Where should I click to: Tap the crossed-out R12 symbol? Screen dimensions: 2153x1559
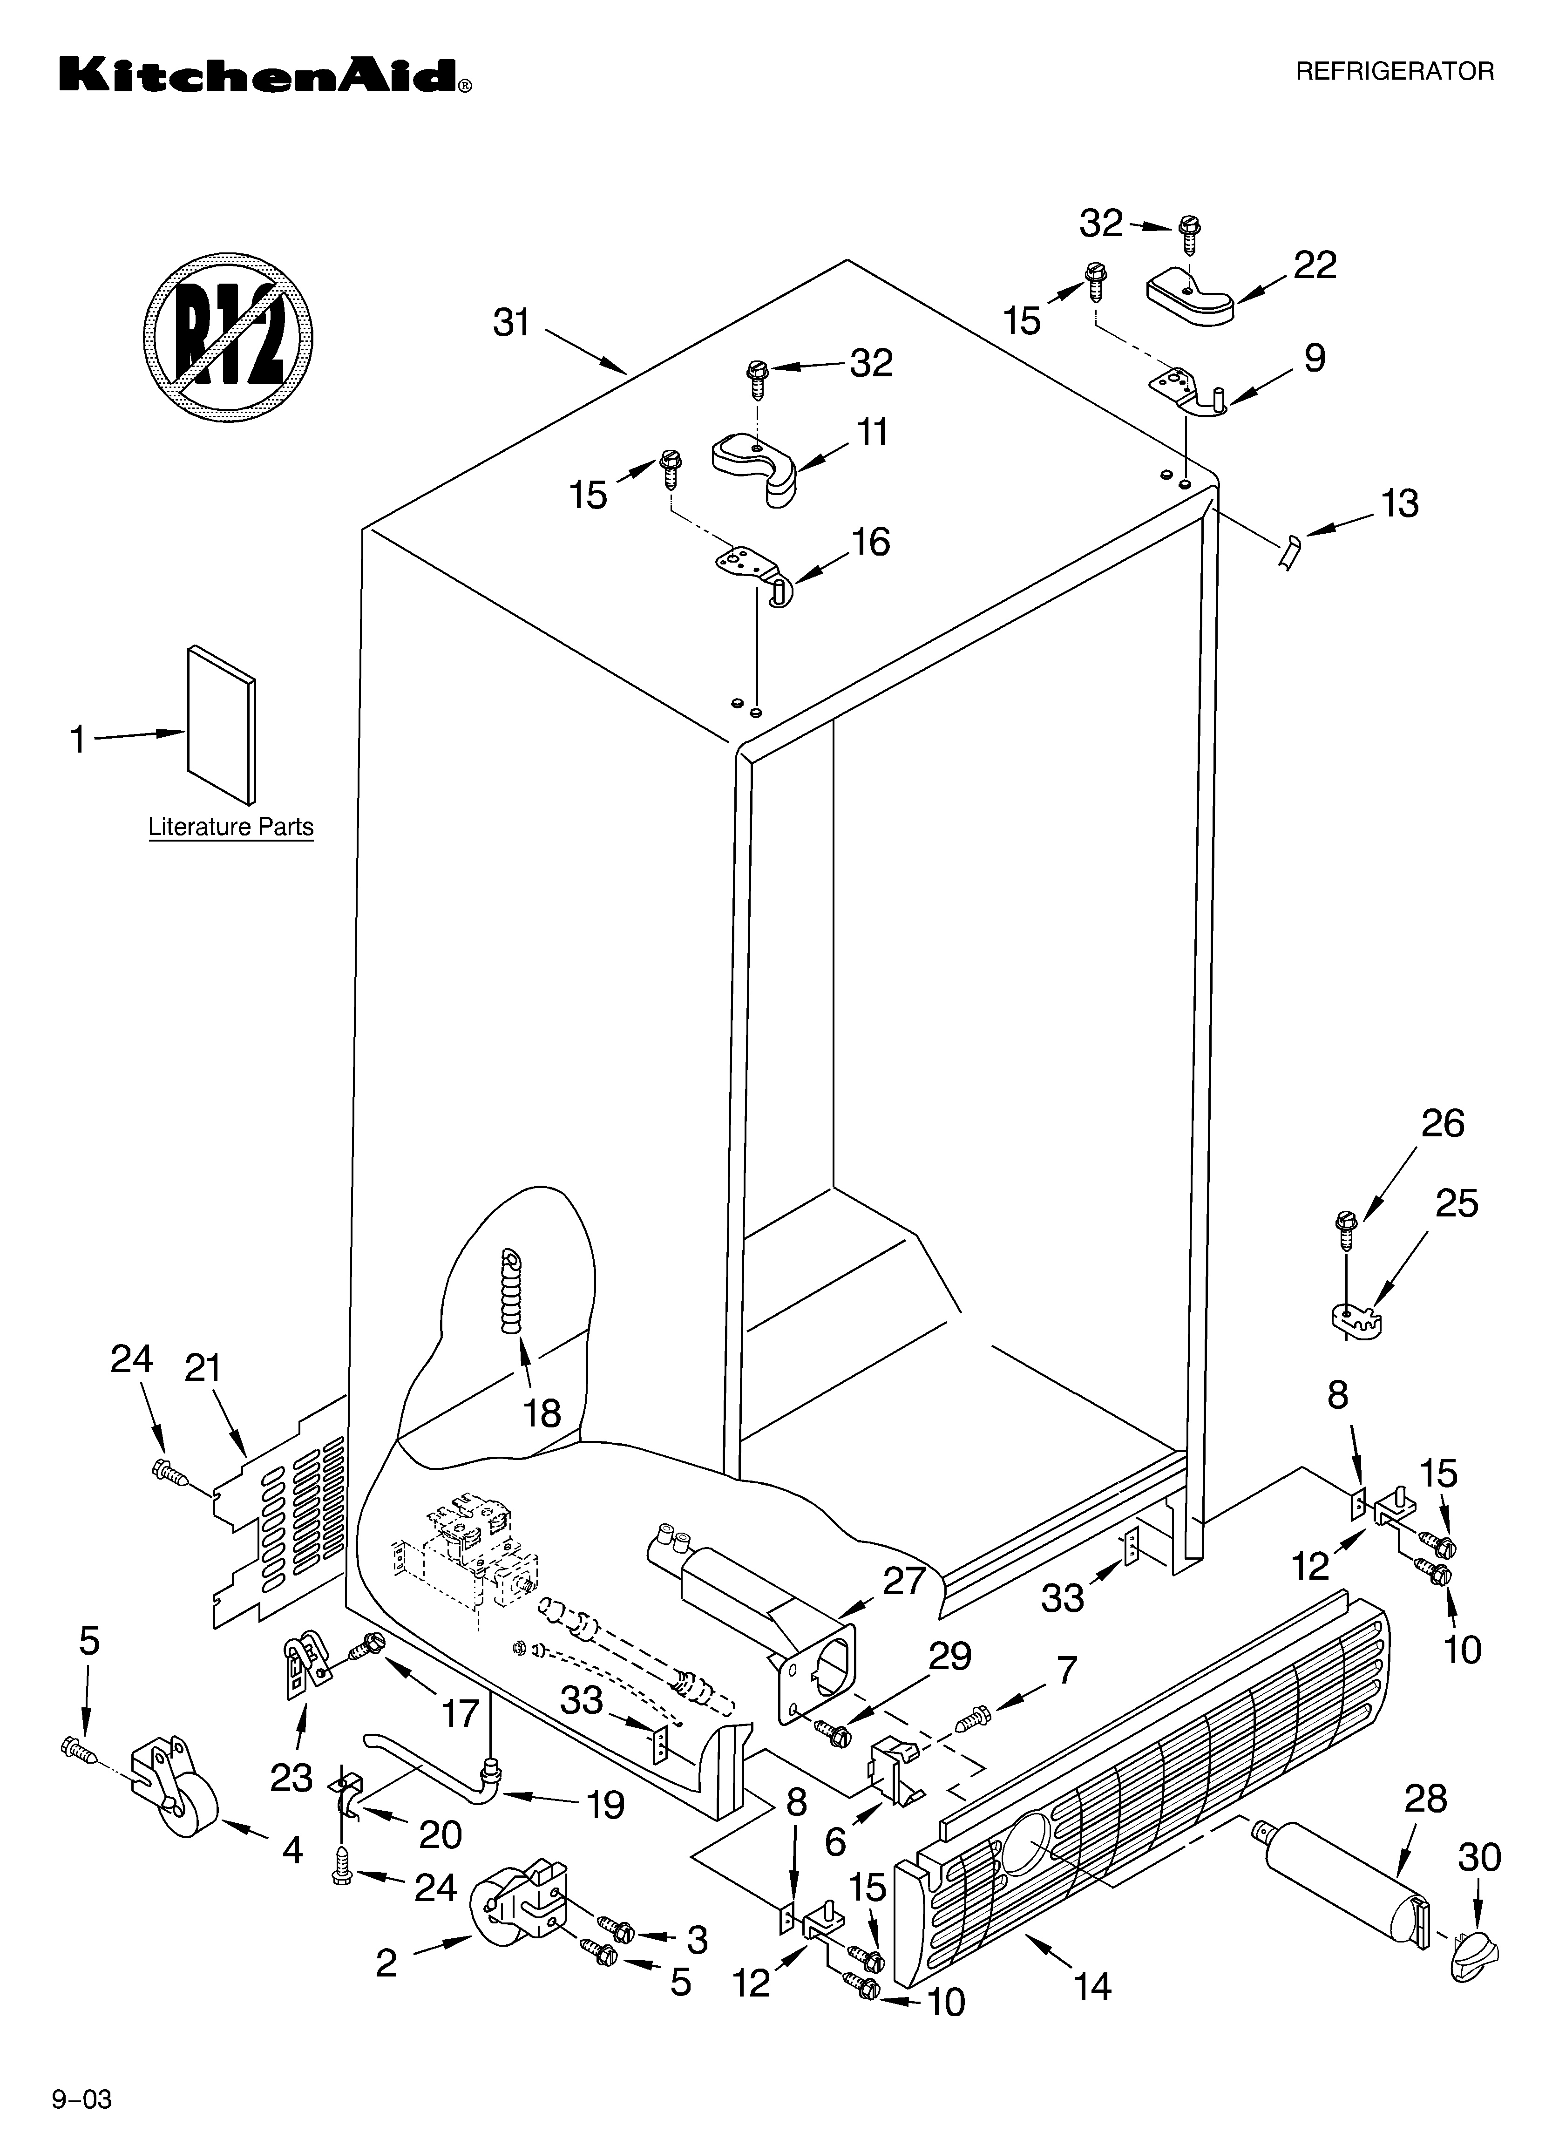coord(229,337)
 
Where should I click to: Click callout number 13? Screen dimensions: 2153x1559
coord(1399,504)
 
